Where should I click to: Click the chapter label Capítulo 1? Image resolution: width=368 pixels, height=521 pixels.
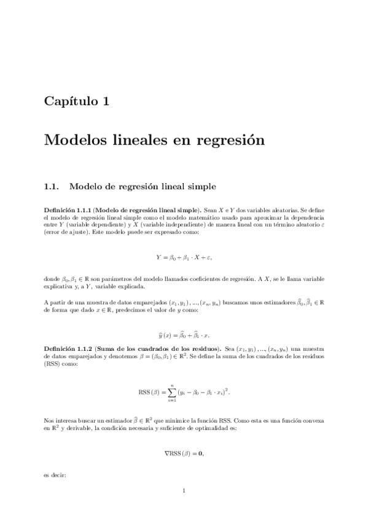coord(77,101)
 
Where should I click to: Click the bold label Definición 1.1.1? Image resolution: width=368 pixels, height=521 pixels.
coord(66,210)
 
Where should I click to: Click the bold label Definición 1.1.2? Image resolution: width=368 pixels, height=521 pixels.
coord(66,347)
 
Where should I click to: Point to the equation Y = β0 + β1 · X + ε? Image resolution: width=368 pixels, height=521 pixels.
coord(184,256)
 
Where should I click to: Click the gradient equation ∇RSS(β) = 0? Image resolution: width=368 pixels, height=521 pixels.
coord(184,453)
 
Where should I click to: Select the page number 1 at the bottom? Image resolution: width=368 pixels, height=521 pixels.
coord(184,491)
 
